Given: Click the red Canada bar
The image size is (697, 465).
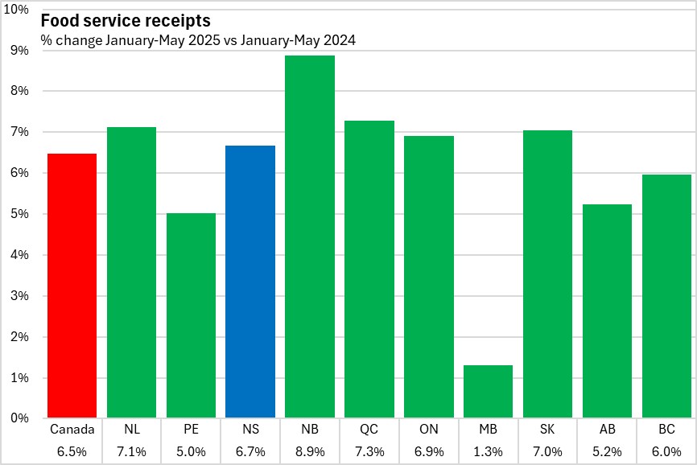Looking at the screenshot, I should point(72,286).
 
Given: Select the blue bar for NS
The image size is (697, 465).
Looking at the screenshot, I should point(250,282).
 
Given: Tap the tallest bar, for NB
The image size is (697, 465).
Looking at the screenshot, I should point(310,237).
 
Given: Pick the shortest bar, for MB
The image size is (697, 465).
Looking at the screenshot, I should point(489,392).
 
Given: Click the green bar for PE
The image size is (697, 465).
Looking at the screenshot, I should point(191,315).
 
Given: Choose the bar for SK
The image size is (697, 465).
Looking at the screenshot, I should point(547,274).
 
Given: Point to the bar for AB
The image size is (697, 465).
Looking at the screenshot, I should point(608,311).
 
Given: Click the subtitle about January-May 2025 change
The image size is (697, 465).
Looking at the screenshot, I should point(200,39).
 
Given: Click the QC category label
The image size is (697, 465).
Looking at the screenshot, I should point(369,430).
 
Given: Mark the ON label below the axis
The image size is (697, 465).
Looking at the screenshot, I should point(429,430).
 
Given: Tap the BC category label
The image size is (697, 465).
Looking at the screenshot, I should point(667,430).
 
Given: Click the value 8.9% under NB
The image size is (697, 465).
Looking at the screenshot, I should point(310,451).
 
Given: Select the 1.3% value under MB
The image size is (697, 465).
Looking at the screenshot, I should point(489,451).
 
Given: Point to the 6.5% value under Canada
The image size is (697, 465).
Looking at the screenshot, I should point(72,451).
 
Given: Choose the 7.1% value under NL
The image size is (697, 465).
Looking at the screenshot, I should point(131,451).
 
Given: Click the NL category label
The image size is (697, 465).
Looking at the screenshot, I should point(131,430).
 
